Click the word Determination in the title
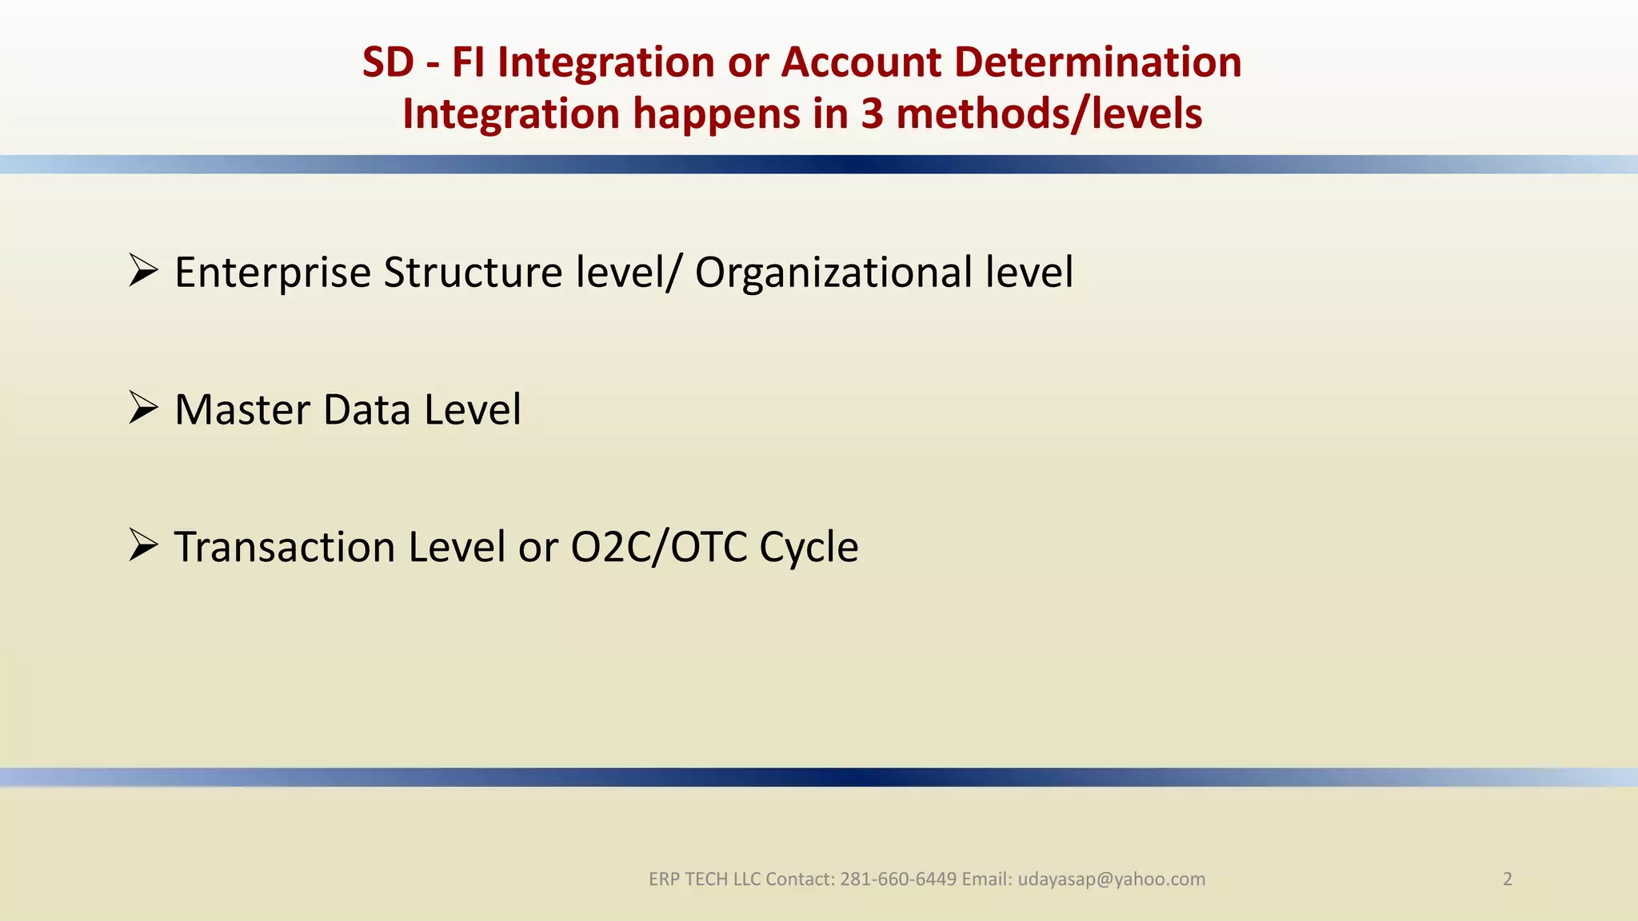tap(1097, 62)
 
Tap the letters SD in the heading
tap(388, 62)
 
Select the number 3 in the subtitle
tap(872, 114)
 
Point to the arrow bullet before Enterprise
tap(143, 271)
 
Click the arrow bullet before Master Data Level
tap(143, 409)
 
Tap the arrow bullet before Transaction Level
tap(143, 546)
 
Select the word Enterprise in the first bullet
tap(273, 273)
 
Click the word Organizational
tap(833, 273)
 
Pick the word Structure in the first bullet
tap(473, 273)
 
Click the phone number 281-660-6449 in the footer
tap(898, 879)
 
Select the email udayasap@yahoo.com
tap(1111, 879)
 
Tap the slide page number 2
tap(1508, 879)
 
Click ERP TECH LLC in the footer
tap(704, 879)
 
